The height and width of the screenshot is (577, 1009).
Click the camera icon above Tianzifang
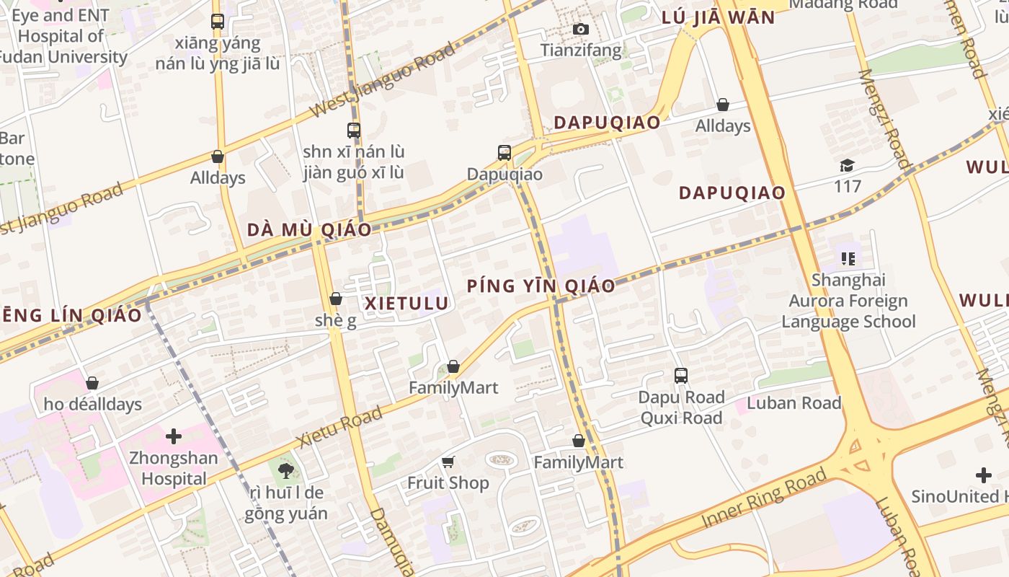point(580,29)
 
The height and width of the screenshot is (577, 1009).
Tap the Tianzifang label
point(580,50)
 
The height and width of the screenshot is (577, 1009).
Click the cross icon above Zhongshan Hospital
point(174,436)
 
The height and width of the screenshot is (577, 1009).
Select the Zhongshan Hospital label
point(174,468)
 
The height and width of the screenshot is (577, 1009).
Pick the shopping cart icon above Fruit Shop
point(448,462)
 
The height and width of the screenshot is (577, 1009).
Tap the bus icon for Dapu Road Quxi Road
point(681,376)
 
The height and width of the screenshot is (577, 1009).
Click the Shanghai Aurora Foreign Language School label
point(848,301)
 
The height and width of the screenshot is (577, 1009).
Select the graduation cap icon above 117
point(848,165)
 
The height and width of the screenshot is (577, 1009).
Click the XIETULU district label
point(406,304)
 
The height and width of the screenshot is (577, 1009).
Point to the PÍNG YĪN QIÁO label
point(541,286)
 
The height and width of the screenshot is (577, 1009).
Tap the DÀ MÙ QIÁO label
point(309,230)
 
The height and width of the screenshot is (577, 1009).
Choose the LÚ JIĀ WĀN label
point(718,17)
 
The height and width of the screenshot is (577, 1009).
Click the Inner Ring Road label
point(764,498)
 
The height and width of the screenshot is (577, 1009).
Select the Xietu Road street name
point(339,427)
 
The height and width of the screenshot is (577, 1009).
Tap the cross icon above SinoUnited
point(984,475)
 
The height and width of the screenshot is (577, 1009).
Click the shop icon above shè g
point(336,299)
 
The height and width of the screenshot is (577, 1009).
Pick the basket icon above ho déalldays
point(92,383)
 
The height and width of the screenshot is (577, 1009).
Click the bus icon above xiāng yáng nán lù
point(218,22)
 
